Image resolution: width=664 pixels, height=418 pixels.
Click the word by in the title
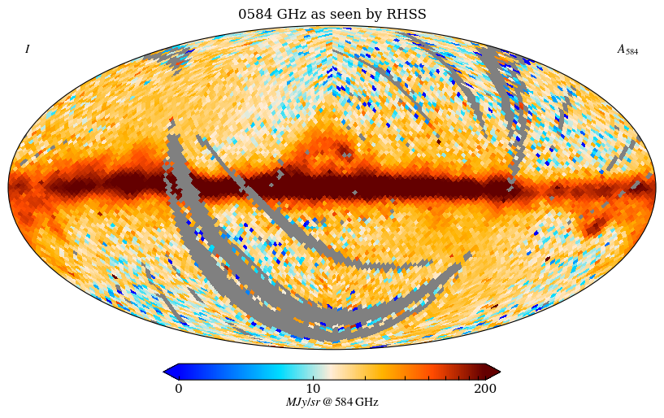377,15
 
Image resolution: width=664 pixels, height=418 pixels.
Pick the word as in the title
317,15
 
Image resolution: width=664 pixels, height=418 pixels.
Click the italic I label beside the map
27,50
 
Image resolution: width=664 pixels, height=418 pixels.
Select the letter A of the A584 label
622,49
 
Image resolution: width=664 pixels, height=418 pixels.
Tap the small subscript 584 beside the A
632,52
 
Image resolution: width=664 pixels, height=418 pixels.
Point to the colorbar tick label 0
179,388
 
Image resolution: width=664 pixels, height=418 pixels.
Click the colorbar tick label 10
313,388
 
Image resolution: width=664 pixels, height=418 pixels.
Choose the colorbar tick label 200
485,388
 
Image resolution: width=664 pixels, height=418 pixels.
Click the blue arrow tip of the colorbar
168,372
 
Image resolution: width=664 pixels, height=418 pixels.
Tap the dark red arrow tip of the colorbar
495,372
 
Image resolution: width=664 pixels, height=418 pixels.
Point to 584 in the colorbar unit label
345,403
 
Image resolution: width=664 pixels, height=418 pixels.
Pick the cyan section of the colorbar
280,372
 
